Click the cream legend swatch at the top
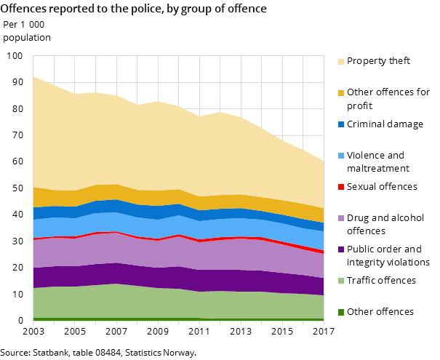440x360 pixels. coord(341,62)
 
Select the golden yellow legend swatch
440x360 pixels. coord(341,93)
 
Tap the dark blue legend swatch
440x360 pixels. coord(341,124)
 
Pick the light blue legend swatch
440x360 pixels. coord(341,156)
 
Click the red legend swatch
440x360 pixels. coord(341,187)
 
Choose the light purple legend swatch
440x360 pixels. coord(341,218)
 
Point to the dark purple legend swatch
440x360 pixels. coord(341,249)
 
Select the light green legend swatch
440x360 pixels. coord(341,281)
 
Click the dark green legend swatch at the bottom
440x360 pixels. coord(341,312)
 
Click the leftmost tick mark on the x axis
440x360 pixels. coord(33,323)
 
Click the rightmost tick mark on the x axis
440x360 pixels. coord(324,323)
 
